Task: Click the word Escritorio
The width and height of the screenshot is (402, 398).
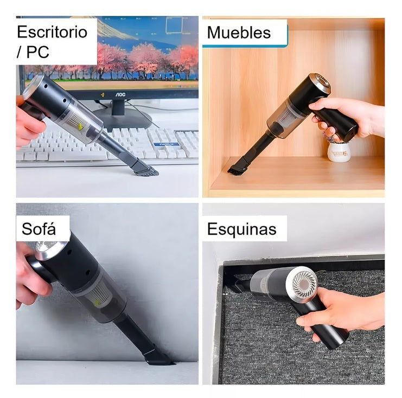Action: point(52,32)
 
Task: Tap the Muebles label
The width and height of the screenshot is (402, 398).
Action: point(239,33)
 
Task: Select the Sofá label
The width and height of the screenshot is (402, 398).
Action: point(39,229)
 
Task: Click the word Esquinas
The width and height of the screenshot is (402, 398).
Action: point(242,229)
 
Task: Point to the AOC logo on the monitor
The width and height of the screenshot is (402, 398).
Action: point(120,95)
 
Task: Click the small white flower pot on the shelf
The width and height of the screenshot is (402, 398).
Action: point(339,152)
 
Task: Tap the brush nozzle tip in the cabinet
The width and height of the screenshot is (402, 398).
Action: point(235,170)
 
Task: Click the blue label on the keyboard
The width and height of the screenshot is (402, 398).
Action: point(166,144)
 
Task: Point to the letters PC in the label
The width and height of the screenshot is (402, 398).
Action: point(37,52)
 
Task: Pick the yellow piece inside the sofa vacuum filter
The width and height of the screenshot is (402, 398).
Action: point(98,303)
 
